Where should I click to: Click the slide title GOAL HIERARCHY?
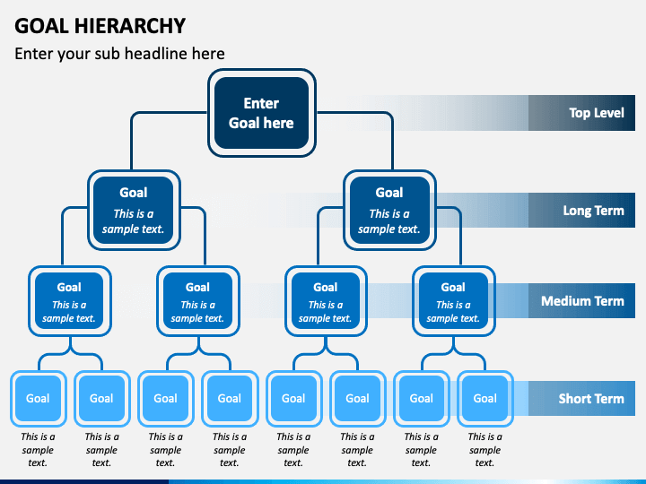[100, 26]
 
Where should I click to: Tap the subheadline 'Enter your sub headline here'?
[119, 54]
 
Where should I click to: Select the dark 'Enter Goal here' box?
[262, 113]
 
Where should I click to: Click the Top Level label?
[597, 113]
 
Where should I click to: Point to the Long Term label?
[593, 211]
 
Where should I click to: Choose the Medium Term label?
[582, 301]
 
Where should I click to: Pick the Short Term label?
[591, 398]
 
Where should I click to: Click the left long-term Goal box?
[134, 211]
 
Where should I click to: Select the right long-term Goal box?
[389, 211]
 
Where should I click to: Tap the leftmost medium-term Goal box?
[70, 301]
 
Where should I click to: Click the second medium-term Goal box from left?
[197, 301]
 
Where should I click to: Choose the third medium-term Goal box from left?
[326, 301]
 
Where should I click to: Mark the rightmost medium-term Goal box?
[453, 301]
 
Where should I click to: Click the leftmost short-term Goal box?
[38, 398]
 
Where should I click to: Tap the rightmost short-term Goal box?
[485, 398]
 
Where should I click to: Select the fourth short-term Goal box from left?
[230, 398]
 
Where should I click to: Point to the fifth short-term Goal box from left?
[293, 398]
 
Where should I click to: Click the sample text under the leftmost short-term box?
[38, 449]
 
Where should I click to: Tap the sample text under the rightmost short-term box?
[485, 449]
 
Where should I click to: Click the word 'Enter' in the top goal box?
[261, 103]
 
